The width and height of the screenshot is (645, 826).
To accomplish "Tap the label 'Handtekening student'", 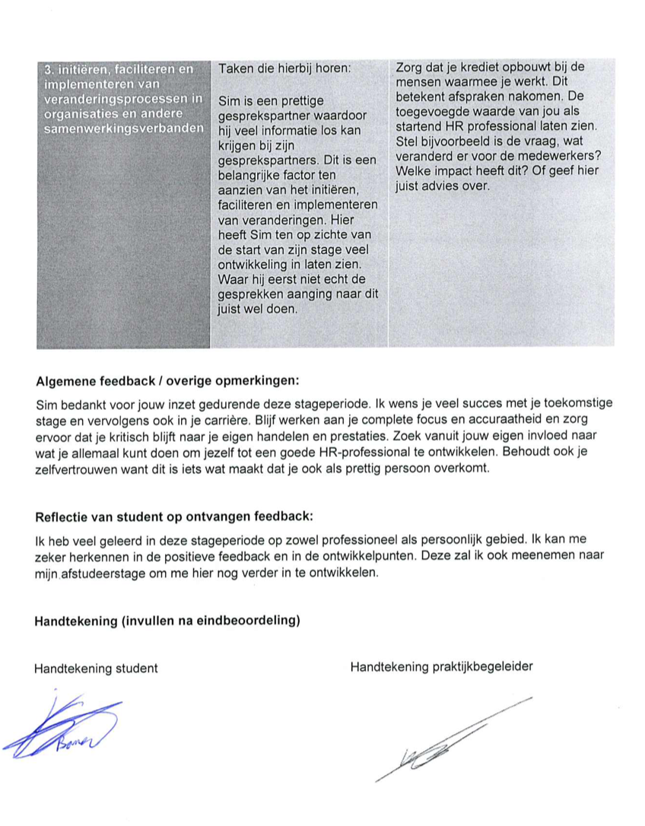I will click(x=96, y=669).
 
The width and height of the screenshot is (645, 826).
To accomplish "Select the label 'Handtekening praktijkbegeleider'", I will click(x=441, y=667).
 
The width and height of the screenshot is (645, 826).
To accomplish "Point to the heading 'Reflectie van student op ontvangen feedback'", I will click(x=174, y=517).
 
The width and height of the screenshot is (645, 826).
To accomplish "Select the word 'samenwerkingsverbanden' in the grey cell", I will click(x=124, y=128).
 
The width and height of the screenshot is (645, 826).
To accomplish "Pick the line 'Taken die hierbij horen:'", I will click(x=284, y=68).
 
